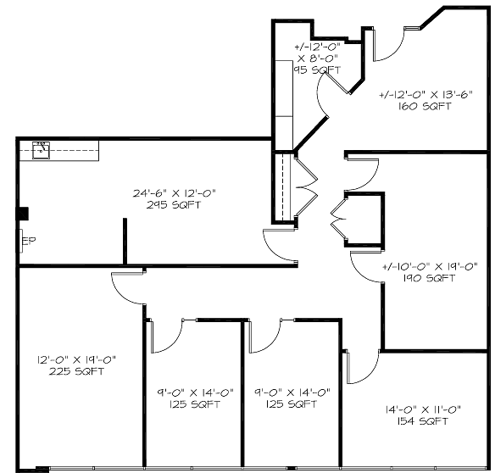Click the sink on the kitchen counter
[x=41, y=150]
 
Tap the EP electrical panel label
[x=29, y=241]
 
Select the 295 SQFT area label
[x=174, y=205]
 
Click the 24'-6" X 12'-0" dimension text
[x=175, y=193]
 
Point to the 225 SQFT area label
[x=76, y=371]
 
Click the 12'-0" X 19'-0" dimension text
[x=77, y=359]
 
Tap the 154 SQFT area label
[x=423, y=421]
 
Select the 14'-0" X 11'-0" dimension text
[x=423, y=409]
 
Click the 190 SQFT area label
[x=430, y=278]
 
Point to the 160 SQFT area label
[x=425, y=106]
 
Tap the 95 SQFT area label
[x=317, y=70]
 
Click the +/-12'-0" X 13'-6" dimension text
[x=425, y=94]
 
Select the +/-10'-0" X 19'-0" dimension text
[x=430, y=266]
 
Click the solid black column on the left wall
[x=23, y=214]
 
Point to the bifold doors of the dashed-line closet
[x=306, y=189]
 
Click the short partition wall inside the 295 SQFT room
[x=125, y=241]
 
